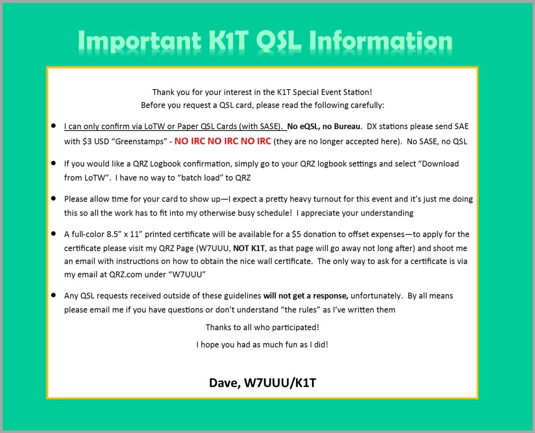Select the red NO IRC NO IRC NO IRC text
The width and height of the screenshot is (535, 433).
[x=223, y=141]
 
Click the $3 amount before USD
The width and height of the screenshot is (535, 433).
[x=87, y=141]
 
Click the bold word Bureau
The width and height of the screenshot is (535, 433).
[x=347, y=127]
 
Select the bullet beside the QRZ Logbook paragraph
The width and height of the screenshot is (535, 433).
[x=54, y=163]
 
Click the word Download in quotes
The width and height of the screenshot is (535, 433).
[x=440, y=163]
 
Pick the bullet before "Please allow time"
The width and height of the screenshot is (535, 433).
[x=54, y=198]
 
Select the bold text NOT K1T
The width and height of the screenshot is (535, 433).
[x=249, y=249]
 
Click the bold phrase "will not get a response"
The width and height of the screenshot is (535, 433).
[x=306, y=296]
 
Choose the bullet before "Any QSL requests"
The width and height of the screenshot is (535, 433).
[x=54, y=295]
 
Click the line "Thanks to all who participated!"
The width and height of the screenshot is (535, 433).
[x=262, y=327]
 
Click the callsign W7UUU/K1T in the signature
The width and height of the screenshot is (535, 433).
[x=280, y=383]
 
